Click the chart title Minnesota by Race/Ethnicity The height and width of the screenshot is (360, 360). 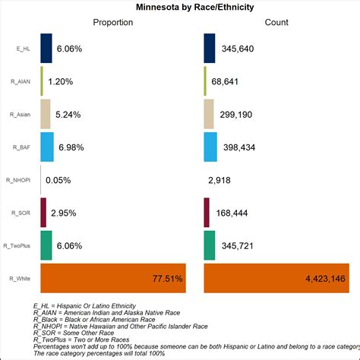tap(195, 7)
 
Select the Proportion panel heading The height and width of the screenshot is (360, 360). tap(112, 22)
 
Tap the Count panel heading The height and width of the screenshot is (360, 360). tap(276, 22)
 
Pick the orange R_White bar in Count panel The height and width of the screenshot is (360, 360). tap(276, 279)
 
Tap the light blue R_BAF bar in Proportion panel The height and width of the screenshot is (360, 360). tap(46, 147)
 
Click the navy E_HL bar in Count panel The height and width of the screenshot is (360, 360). tap(210, 48)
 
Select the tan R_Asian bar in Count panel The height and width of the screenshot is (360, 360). tap(209, 114)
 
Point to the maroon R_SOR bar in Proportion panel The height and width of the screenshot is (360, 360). tap(43, 213)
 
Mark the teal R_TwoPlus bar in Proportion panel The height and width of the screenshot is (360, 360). tap(46, 246)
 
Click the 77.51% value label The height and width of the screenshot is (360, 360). tap(167, 279)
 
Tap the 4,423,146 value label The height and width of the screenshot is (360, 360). tap(325, 279)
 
